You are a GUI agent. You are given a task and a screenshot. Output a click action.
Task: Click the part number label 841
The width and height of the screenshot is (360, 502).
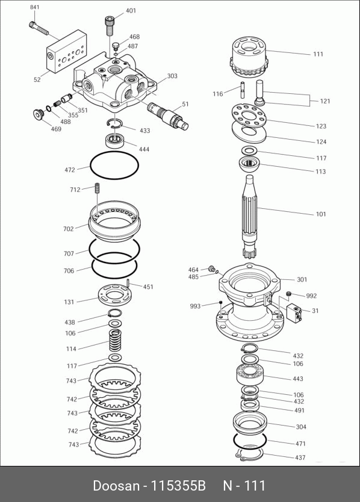[x=34, y=7]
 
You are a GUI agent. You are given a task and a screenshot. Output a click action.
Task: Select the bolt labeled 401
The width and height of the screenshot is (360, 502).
[x=110, y=26]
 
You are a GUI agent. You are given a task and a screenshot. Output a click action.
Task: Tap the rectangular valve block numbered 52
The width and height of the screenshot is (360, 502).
[x=66, y=51]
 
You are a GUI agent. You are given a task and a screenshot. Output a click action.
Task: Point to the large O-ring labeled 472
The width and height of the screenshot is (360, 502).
[x=114, y=165]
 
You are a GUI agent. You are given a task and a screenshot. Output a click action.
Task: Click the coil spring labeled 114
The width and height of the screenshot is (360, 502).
[x=114, y=341]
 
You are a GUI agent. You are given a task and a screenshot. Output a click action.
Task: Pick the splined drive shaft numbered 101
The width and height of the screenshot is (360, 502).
[x=250, y=217]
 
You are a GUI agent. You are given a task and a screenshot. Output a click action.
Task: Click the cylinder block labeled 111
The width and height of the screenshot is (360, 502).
[x=249, y=57]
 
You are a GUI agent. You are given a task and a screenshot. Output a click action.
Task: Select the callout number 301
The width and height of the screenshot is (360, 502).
[x=302, y=279]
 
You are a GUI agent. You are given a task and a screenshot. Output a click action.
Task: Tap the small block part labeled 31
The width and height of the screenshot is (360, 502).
[x=294, y=312]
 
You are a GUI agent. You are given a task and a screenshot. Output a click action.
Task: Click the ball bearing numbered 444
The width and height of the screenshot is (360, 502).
[x=115, y=141]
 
